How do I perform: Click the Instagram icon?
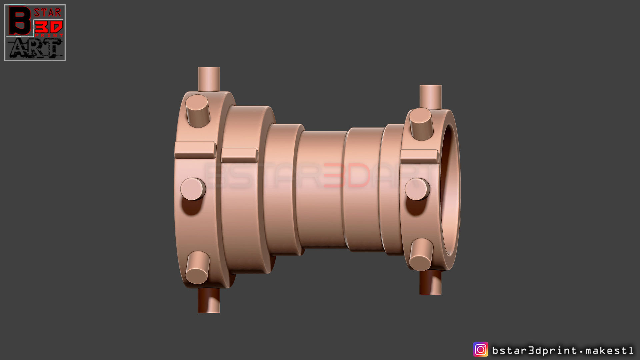[480, 350]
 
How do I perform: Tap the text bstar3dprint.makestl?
[563, 350]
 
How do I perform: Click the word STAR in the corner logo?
[48, 13]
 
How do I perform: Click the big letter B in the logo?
[20, 21]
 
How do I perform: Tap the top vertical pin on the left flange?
[209, 79]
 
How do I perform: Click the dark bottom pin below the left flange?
[209, 300]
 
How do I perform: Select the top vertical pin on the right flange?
[430, 97]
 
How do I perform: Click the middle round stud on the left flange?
[193, 189]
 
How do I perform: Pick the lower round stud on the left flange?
[197, 267]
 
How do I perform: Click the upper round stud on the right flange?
[421, 123]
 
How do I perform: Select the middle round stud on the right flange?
[417, 189]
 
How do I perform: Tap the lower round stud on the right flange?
[421, 254]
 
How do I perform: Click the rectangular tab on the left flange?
[195, 150]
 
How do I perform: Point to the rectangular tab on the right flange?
[419, 157]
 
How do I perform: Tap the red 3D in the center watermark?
[347, 175]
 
